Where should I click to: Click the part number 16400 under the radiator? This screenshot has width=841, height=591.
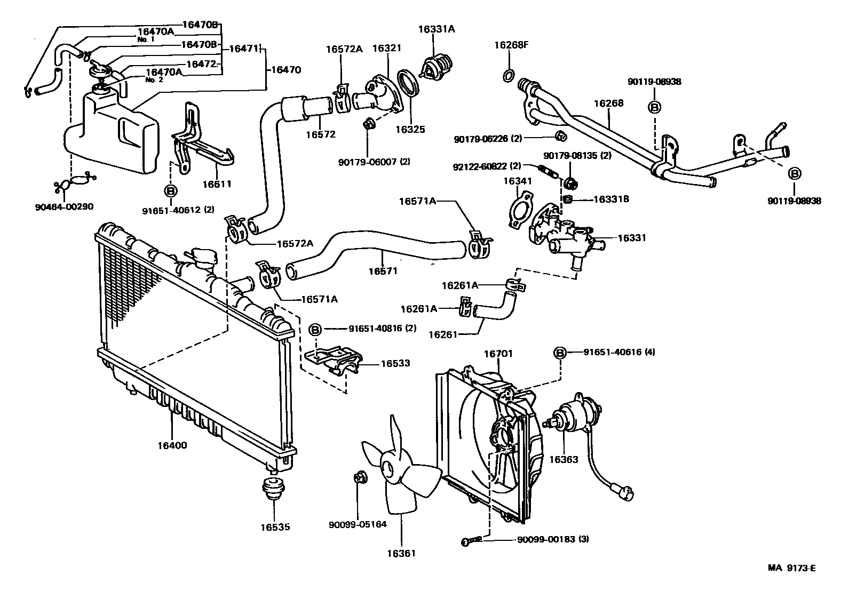172,445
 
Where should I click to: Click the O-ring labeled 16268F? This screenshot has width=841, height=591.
509,76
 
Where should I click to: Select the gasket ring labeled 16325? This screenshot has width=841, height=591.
410,85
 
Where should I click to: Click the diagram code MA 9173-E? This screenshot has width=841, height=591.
792,568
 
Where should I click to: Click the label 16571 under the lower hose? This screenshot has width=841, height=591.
383,271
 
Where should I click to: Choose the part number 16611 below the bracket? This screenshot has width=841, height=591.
217,185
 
